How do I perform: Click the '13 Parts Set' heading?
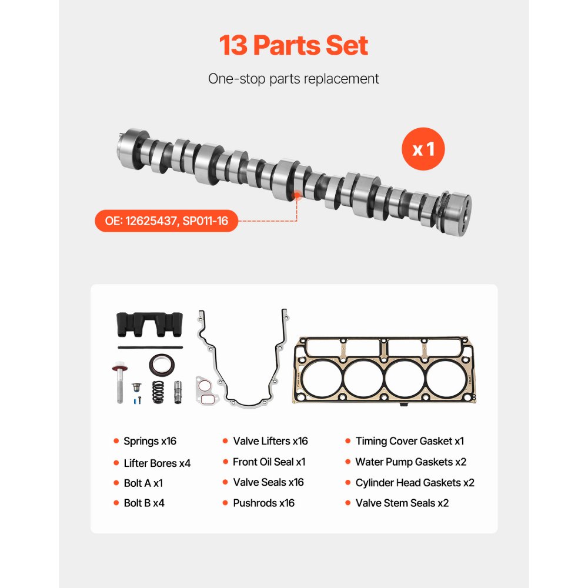point(293,46)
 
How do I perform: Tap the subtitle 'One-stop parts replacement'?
point(293,79)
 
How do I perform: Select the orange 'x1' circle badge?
point(423,149)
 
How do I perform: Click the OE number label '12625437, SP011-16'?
point(166,221)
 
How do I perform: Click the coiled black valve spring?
point(158,392)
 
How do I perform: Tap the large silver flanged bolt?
point(119,383)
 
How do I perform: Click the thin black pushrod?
point(149,348)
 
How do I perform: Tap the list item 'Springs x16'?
point(149,441)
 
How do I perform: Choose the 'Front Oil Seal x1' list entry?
point(269,462)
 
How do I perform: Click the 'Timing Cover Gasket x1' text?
point(409,441)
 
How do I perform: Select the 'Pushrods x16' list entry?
point(263,503)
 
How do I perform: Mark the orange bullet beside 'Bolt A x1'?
point(116,483)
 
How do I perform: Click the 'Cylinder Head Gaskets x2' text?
point(415,483)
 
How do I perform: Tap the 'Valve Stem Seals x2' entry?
point(402,503)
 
